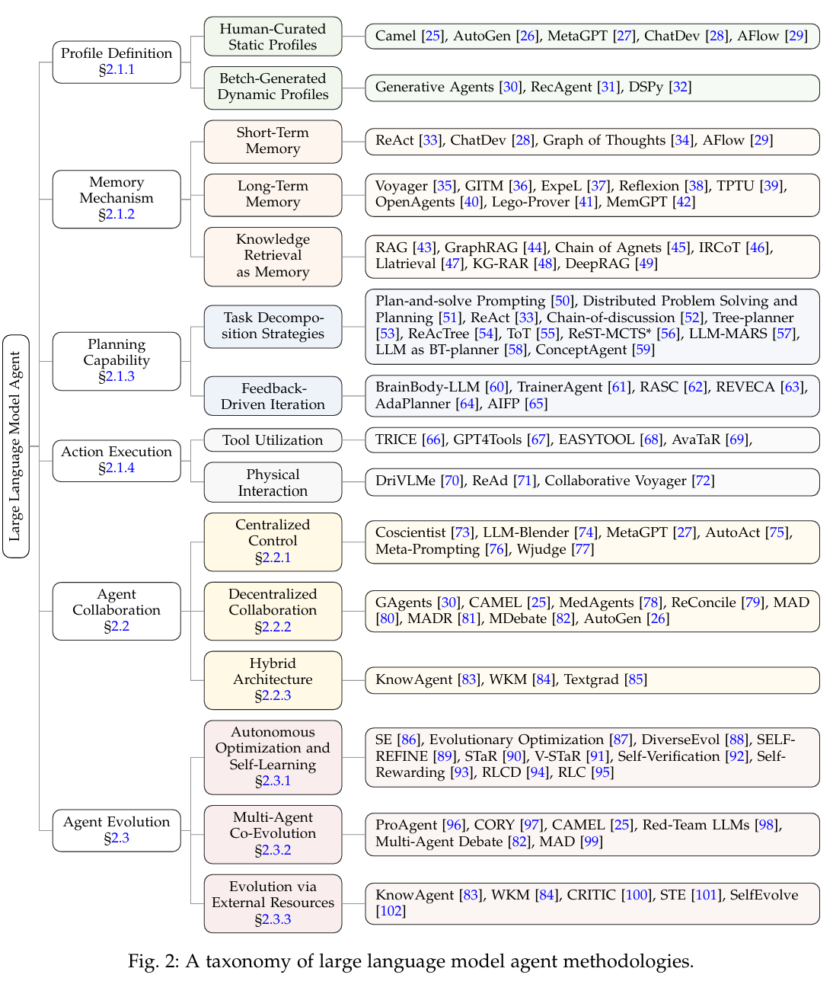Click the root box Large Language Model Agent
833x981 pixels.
tap(16, 446)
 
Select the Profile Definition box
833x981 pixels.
tap(116, 62)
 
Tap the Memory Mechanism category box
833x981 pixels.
tap(116, 199)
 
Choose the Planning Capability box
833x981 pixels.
tap(116, 361)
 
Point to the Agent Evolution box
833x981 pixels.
tap(116, 830)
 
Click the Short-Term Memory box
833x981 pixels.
tap(273, 141)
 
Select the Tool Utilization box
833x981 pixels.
tap(273, 440)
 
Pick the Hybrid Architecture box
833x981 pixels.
tap(273, 679)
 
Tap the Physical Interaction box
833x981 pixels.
tap(273, 482)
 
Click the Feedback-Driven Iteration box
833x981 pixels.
tap(273, 396)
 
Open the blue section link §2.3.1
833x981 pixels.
tap(273, 781)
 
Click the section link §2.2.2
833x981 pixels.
tap(273, 627)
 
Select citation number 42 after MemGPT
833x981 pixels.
tap(684, 202)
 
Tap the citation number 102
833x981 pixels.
tap(391, 911)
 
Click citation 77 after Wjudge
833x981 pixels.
tap(582, 549)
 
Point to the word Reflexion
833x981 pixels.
tap(649, 186)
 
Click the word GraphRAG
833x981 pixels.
tap(483, 248)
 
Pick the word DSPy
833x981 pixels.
tap(646, 87)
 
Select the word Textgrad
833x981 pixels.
tap(591, 679)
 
